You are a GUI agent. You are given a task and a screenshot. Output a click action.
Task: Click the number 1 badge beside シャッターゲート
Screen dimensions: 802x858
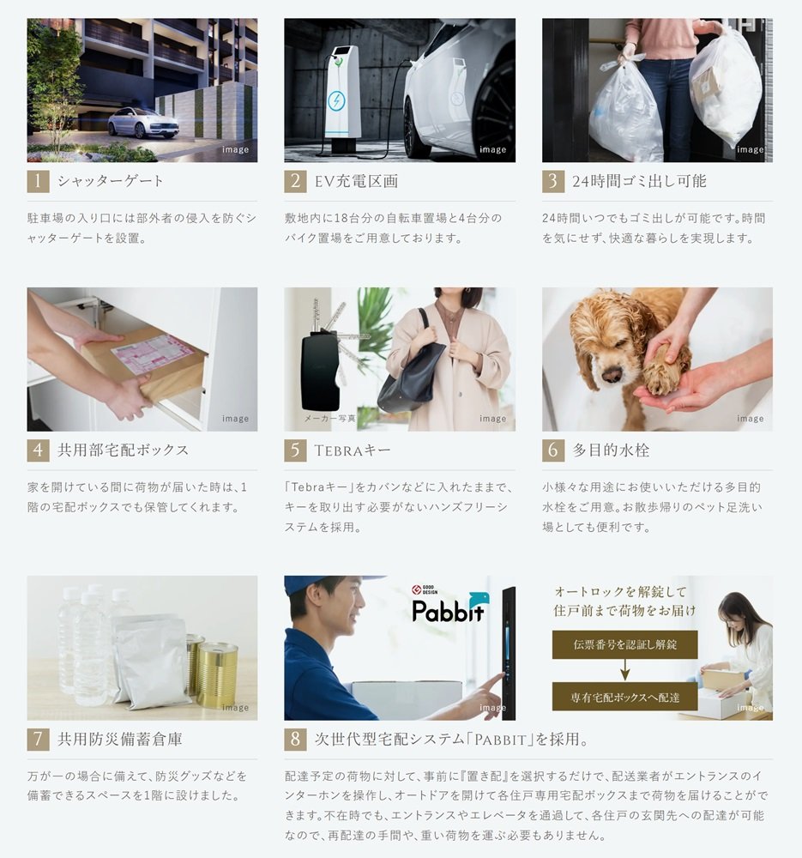coord(38,181)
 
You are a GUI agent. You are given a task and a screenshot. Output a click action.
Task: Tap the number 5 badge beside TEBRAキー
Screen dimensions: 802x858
coord(295,450)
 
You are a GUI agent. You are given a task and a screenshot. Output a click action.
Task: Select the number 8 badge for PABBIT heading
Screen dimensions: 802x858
coord(295,740)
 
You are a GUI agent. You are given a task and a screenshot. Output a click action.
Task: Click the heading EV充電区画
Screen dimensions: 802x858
coord(356,181)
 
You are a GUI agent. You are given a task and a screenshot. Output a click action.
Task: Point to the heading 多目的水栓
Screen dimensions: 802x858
coord(611,450)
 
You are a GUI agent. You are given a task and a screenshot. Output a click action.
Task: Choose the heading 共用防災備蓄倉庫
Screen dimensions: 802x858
coord(120,740)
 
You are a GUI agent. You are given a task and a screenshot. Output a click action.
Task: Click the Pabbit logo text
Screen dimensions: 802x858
coord(449,611)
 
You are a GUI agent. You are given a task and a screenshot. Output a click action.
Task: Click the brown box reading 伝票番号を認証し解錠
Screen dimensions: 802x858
coord(624,644)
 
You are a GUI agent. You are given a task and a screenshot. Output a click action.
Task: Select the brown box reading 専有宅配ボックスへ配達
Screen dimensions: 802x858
coord(624,697)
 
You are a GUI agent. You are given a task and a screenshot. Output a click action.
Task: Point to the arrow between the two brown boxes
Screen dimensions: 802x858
coord(624,670)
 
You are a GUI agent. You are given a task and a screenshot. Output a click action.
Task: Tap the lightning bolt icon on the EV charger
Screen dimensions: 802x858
coord(336,101)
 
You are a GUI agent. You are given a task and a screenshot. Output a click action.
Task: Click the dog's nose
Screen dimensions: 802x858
coord(613,374)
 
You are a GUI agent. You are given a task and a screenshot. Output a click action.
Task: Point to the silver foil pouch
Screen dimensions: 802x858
coord(149,664)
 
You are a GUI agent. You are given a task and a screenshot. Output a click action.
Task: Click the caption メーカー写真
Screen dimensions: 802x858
coord(330,419)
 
